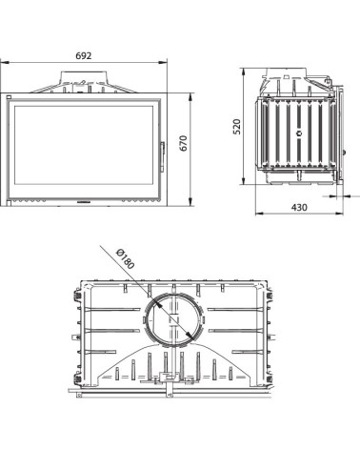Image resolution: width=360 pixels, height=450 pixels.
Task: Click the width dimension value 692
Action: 89,57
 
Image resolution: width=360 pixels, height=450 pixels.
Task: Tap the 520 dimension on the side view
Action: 239,126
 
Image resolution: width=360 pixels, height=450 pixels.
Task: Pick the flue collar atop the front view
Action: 89,81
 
